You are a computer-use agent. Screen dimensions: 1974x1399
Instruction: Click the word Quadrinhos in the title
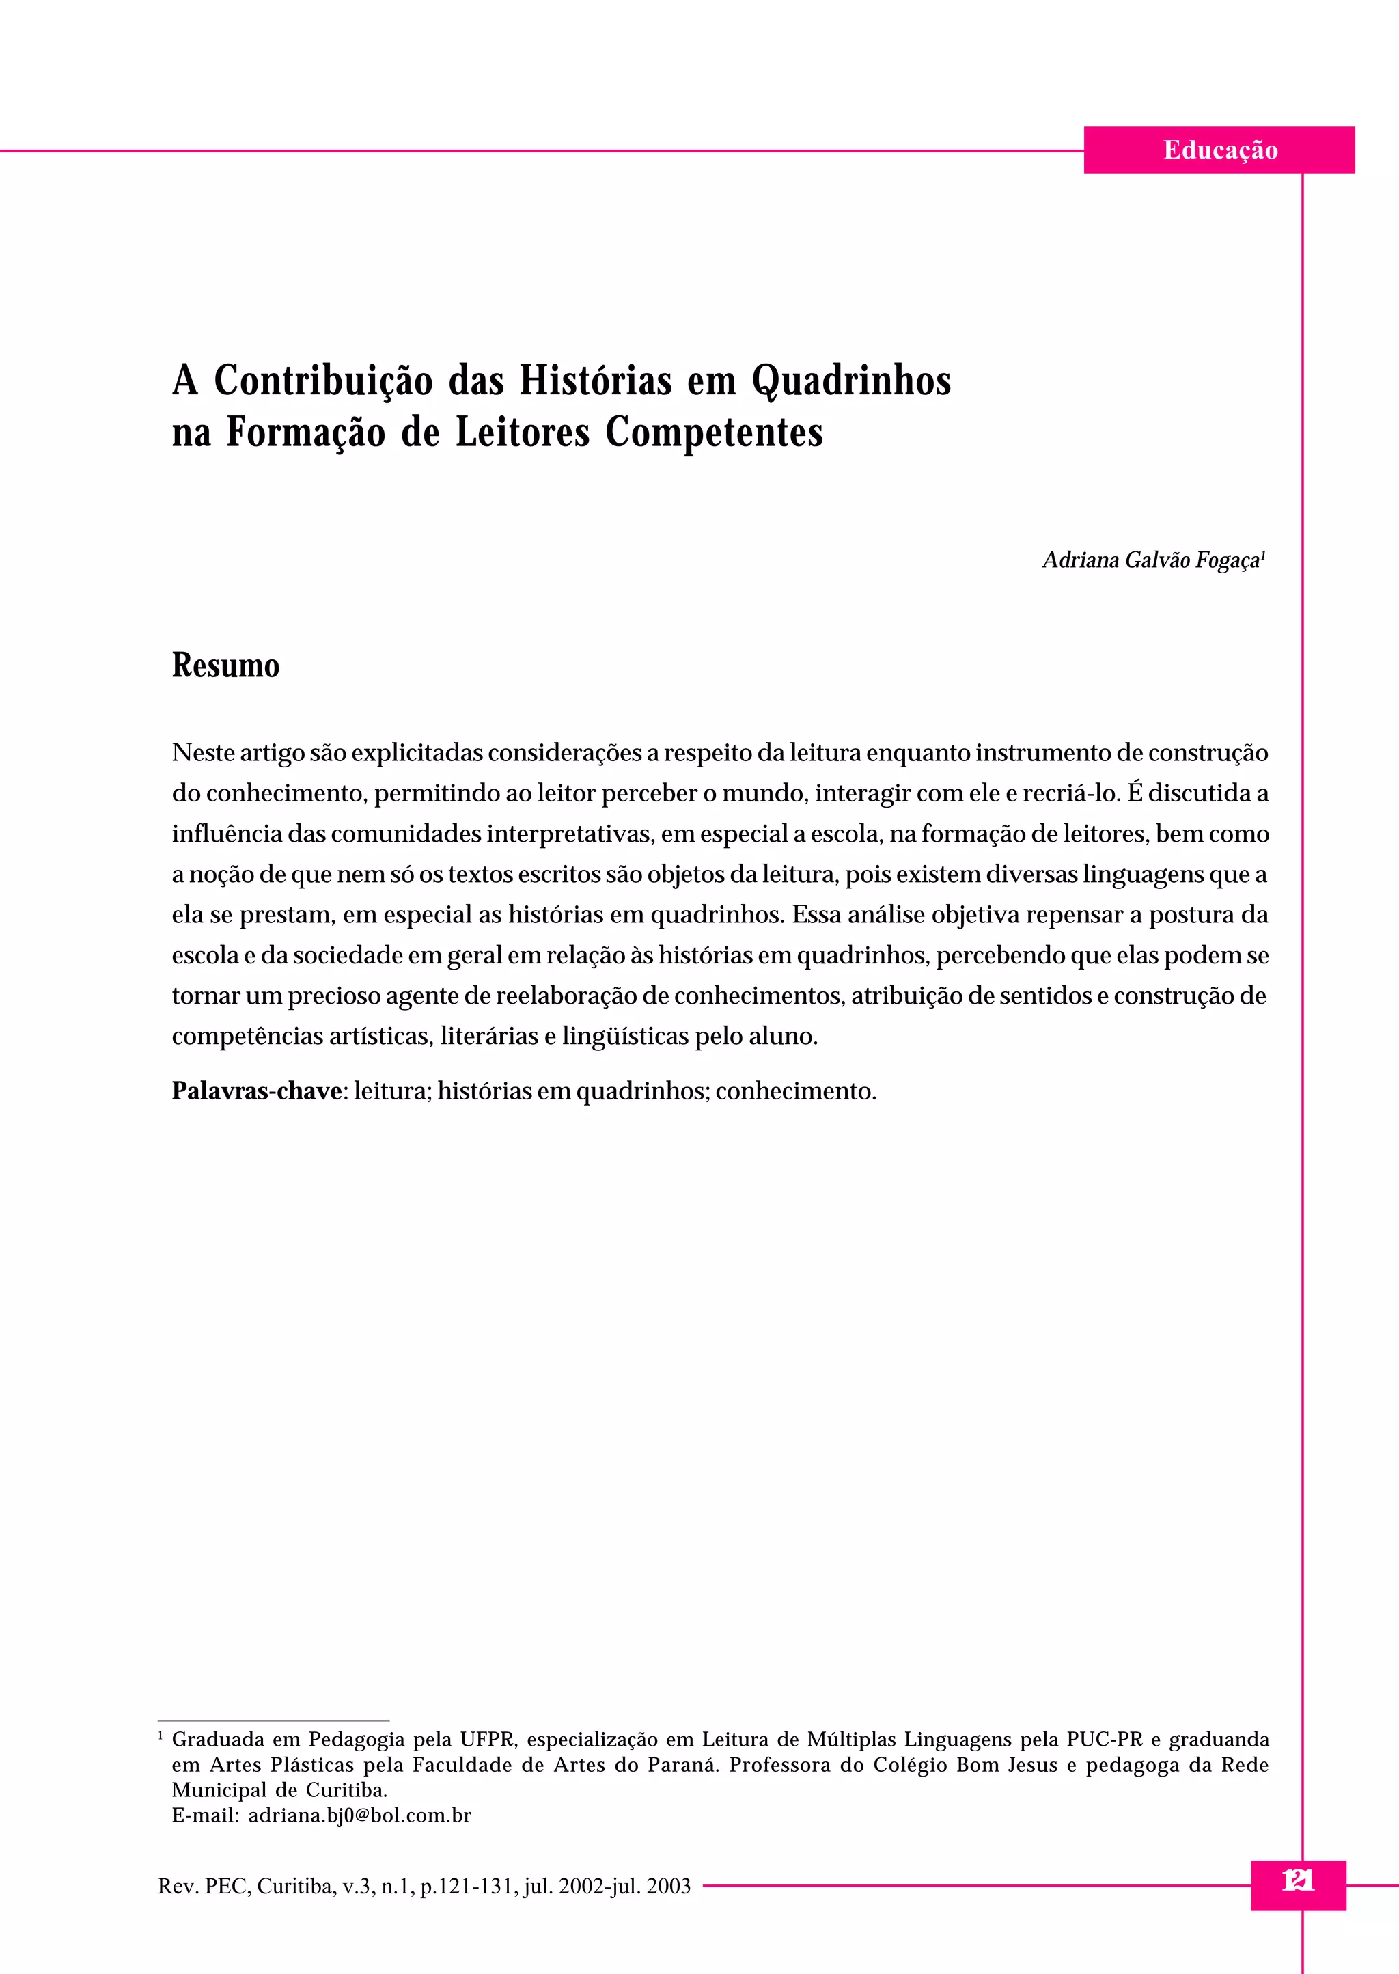pos(851,381)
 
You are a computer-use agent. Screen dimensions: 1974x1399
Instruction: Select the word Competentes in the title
pos(713,433)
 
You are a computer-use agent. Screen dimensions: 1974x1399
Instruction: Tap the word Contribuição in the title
pos(323,381)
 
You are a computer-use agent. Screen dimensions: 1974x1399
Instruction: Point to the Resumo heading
pos(225,666)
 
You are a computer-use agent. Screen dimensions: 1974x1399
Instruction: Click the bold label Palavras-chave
pos(257,1091)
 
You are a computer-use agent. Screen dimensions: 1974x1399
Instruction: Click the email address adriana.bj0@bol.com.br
pos(359,1815)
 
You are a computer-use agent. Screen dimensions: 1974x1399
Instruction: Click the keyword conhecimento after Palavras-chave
pos(795,1091)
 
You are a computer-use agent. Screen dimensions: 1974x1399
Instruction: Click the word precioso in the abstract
pos(333,995)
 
